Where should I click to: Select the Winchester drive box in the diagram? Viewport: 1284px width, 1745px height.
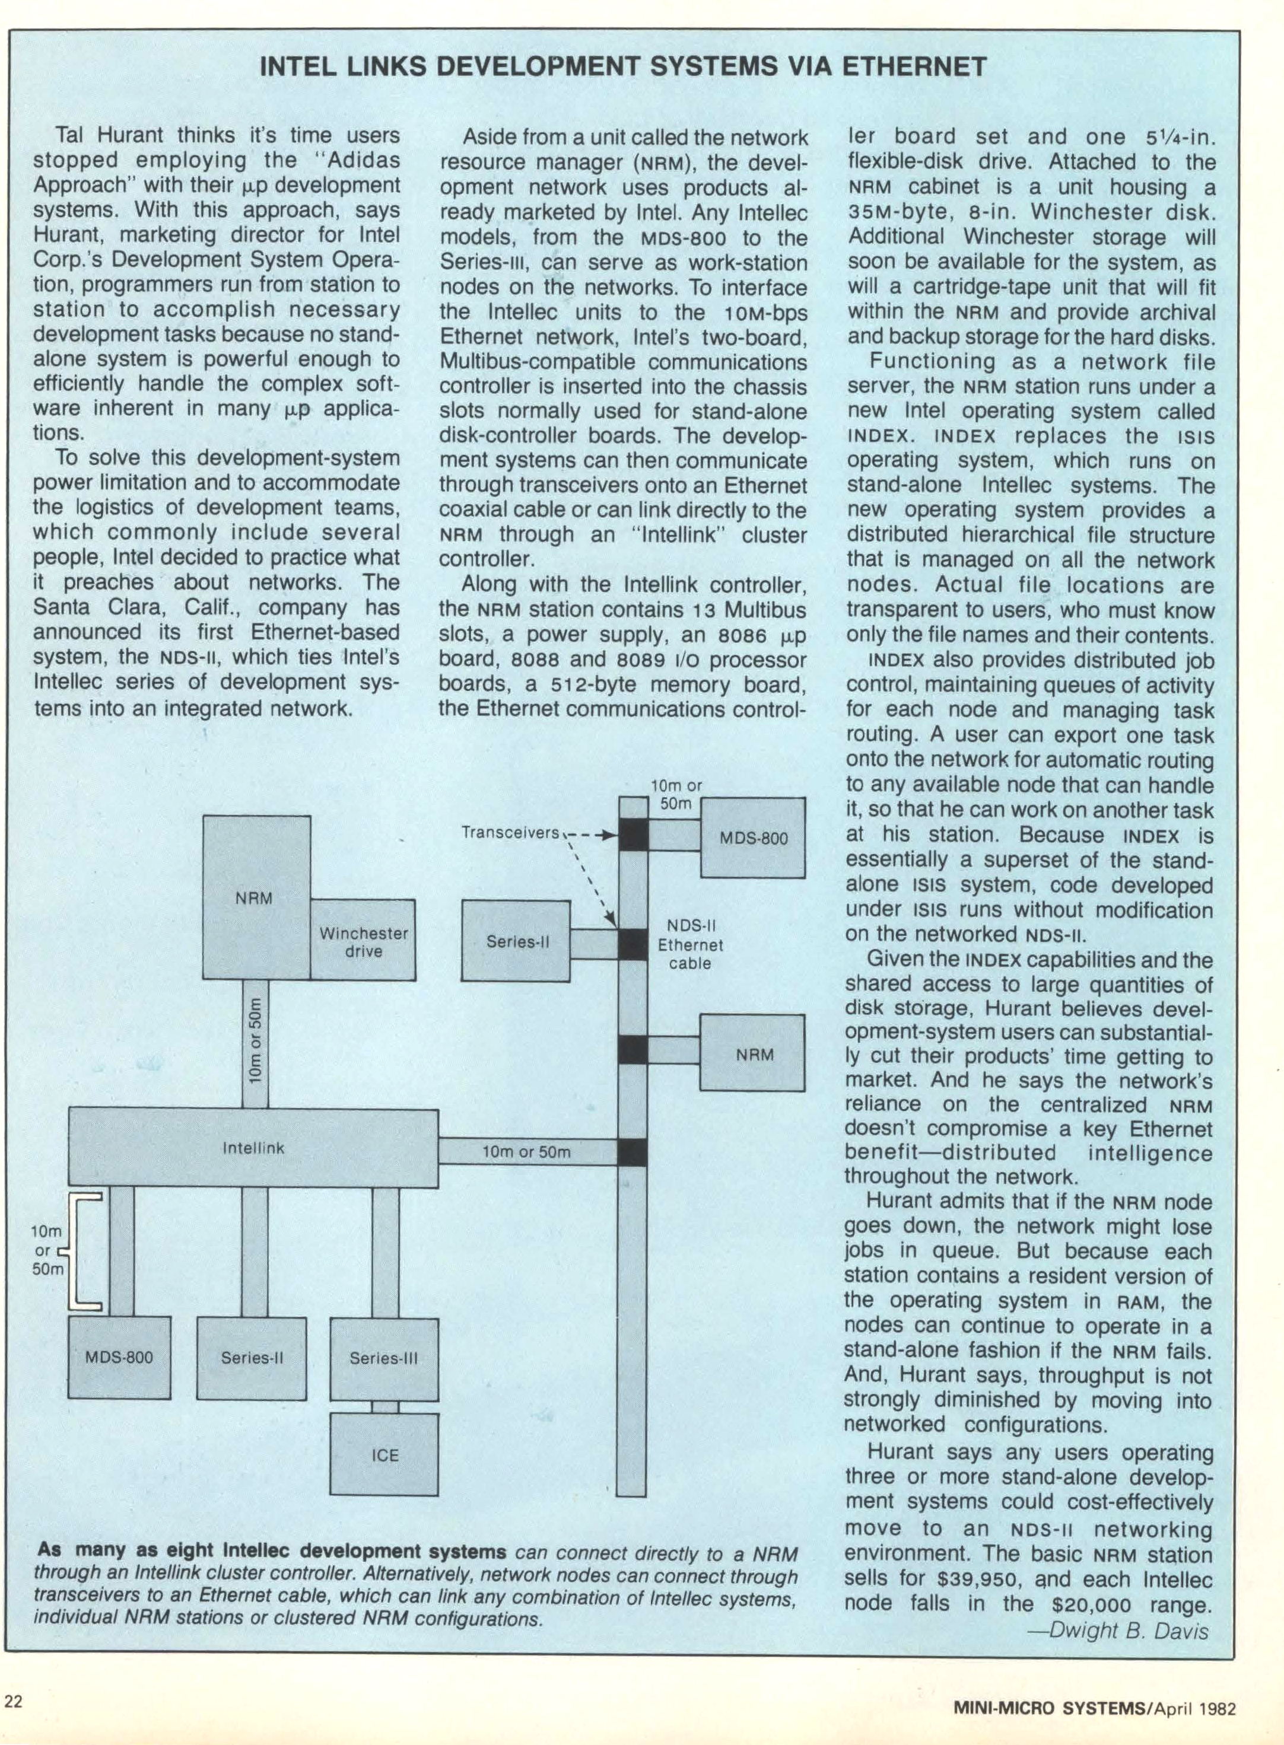pos(363,940)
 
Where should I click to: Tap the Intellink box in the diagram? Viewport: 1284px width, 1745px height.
pos(253,1148)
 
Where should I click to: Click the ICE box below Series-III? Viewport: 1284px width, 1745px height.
pos(384,1454)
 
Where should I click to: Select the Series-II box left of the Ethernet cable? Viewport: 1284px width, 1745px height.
pos(517,941)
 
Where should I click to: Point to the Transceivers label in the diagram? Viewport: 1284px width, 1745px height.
pos(510,832)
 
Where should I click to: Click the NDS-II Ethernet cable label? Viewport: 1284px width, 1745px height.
pos(690,944)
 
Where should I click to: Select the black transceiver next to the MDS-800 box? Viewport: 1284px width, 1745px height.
pos(633,836)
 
